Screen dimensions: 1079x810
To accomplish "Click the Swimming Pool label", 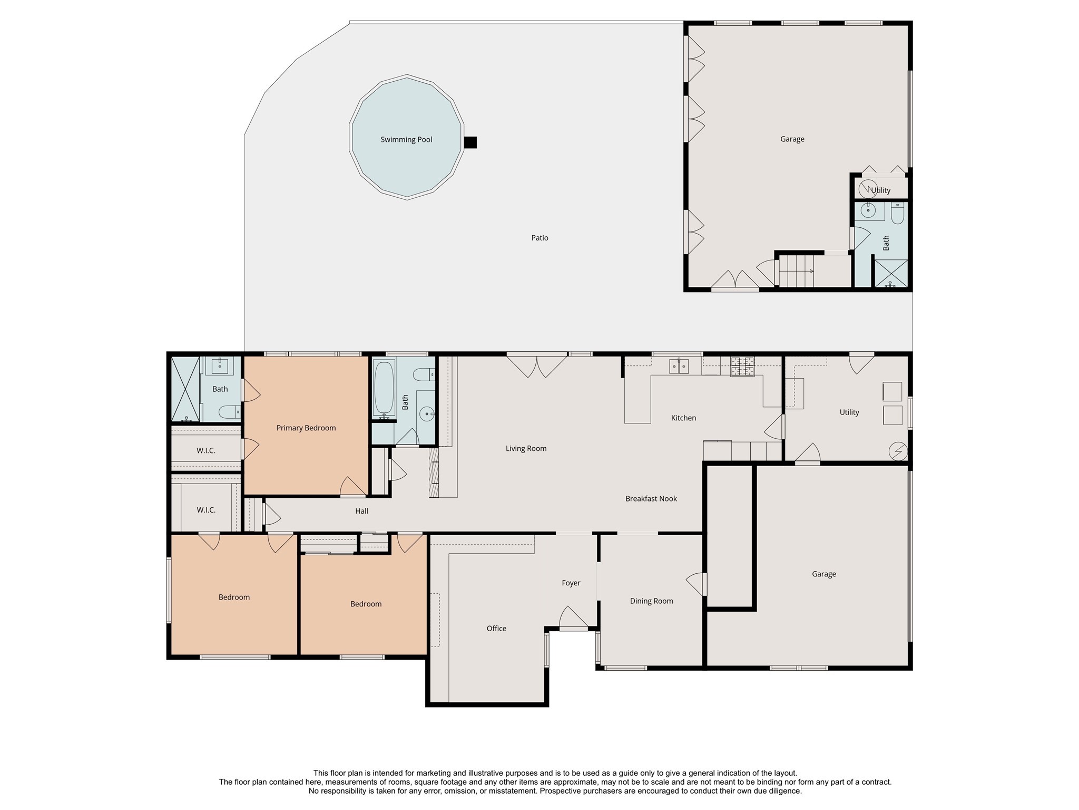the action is coord(406,140).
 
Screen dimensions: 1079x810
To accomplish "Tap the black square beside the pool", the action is coord(470,142).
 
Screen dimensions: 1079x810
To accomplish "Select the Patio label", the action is coord(539,238).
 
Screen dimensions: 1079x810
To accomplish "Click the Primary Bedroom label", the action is coord(306,428).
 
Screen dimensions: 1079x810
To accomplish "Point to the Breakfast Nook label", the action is coord(651,498).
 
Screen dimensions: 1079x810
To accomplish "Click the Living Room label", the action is coord(526,449).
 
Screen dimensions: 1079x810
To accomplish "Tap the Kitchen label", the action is coord(683,418).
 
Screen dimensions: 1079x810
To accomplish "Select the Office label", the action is coord(496,629).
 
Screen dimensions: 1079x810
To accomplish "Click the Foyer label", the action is coord(571,583).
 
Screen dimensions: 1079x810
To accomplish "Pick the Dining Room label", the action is coord(652,601).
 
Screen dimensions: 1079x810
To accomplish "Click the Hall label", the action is coord(361,511).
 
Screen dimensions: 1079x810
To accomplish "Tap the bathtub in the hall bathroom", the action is coord(384,389).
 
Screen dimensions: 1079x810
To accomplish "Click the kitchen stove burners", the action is coord(742,367).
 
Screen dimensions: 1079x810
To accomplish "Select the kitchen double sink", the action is coord(680,365).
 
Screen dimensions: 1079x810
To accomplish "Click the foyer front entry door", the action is coord(573,619).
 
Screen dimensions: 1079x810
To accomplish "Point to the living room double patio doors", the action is coord(537,365).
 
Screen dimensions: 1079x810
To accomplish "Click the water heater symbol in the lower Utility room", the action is coord(898,451).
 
